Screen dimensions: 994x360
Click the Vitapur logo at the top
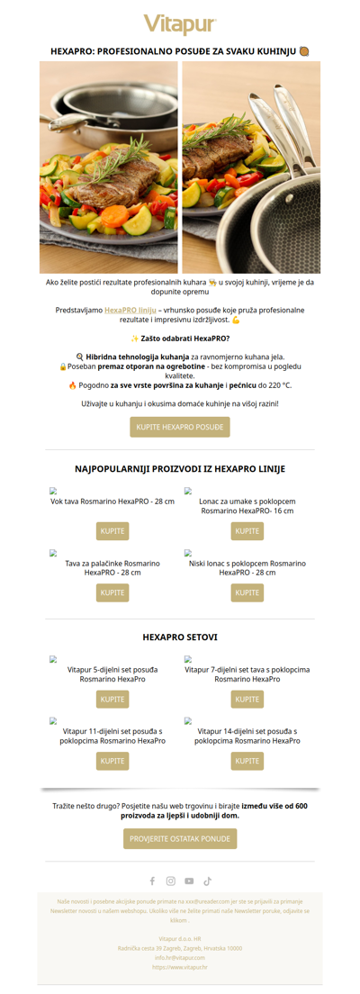point(180,24)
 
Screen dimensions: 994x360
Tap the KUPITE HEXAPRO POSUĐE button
point(180,427)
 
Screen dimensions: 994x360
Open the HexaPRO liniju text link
point(130,310)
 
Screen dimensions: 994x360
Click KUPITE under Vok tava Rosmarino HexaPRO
point(112,531)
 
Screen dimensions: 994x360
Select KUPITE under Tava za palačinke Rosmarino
point(112,592)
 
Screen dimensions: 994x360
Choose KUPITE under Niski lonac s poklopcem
point(247,592)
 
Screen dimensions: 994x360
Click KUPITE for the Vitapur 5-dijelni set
point(112,699)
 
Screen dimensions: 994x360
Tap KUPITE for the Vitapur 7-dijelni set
point(247,699)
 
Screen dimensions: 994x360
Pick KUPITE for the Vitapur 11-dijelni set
point(112,761)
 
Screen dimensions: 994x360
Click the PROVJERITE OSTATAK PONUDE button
point(180,838)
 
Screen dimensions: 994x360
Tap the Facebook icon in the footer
point(152,881)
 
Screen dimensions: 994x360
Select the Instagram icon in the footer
point(171,881)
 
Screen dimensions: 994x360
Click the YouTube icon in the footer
point(189,881)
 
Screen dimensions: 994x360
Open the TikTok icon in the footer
point(207,881)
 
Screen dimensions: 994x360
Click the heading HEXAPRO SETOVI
point(180,637)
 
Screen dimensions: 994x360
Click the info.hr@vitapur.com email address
point(180,957)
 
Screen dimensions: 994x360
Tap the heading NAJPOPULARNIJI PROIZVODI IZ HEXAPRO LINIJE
point(180,469)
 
